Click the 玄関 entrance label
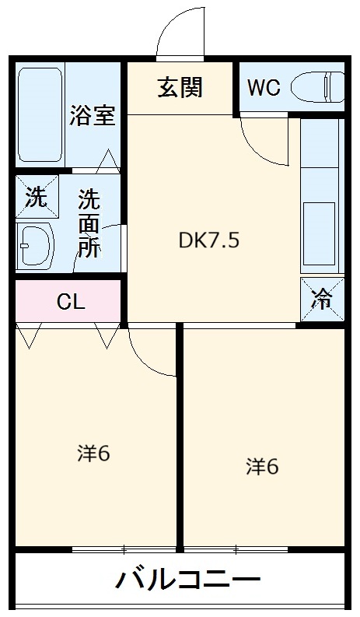[x=180, y=88]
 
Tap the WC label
[x=264, y=88]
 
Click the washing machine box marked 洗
[x=36, y=198]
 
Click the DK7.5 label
[x=209, y=240]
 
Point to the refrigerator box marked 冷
[x=322, y=298]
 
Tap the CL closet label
[x=71, y=302]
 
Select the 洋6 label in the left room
[x=93, y=454]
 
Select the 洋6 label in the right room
[x=263, y=466]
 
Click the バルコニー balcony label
[x=188, y=580]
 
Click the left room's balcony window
[x=124, y=549]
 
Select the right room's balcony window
[x=237, y=549]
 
